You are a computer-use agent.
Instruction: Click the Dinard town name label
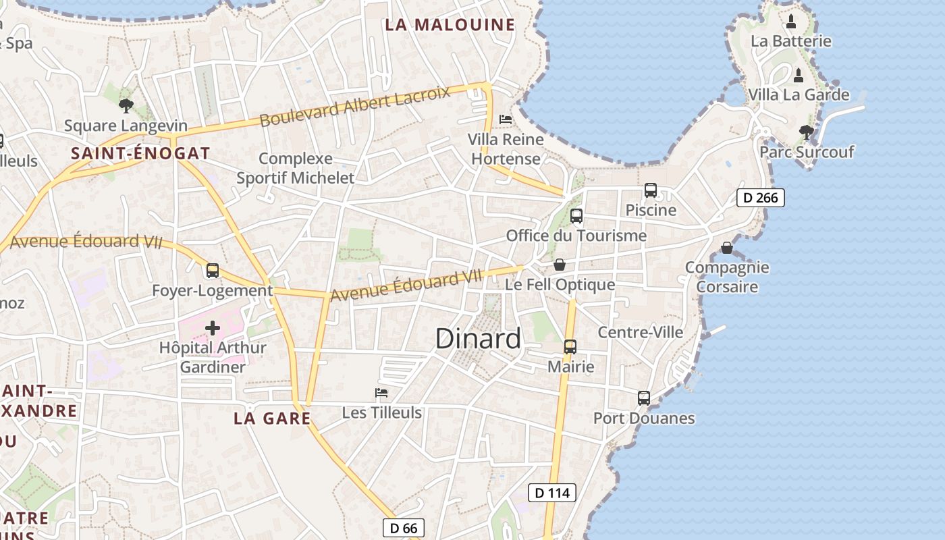pos(478,339)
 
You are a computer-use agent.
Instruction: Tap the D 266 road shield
pos(760,198)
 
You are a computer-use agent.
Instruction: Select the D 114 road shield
pos(552,493)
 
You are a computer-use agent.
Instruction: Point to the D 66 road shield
pos(404,528)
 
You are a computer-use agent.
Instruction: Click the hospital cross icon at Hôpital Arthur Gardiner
pos(213,329)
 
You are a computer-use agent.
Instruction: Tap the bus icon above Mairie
pos(570,347)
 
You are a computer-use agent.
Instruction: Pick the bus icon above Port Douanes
pos(644,398)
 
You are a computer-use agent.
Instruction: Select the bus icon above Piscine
pos(651,190)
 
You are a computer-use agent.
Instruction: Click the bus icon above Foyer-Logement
pos(213,271)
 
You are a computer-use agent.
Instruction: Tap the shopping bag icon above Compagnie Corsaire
pos(727,248)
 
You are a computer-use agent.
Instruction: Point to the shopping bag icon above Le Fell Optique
pos(560,265)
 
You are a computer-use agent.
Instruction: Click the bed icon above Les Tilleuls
pos(381,393)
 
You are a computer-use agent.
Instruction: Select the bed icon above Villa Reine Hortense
pos(506,119)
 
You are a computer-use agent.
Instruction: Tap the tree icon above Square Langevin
pos(126,106)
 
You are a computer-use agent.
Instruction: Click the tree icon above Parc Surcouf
pos(806,132)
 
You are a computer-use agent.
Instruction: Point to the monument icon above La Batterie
pos(791,22)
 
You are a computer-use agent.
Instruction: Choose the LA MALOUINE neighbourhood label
pos(450,25)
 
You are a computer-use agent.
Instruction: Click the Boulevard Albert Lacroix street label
pos(354,106)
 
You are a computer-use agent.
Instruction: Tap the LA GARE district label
pos(272,418)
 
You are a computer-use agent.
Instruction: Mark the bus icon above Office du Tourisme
pos(576,216)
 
